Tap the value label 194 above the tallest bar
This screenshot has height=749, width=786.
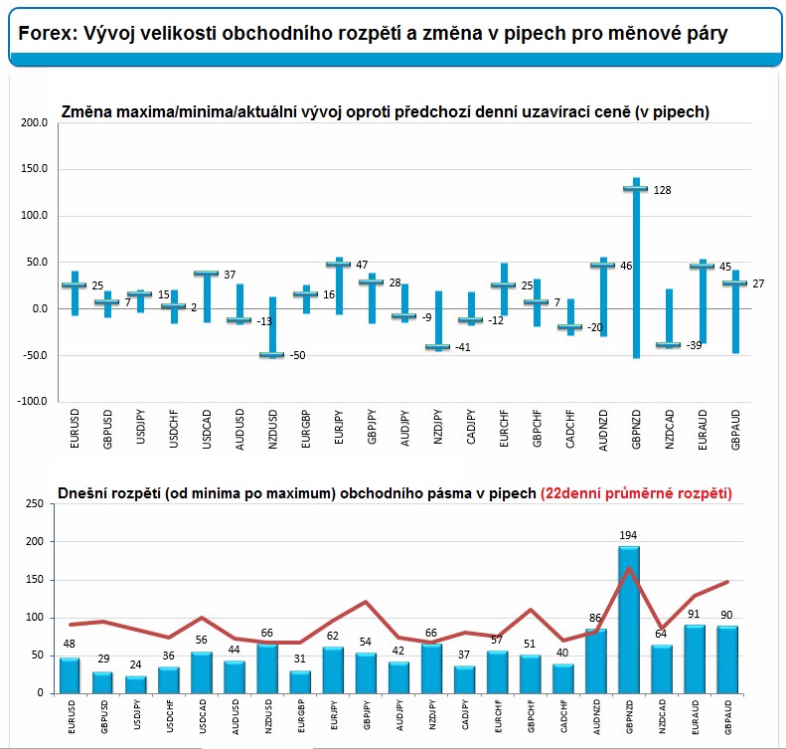point(629,536)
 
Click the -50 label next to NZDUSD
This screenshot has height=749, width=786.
point(298,356)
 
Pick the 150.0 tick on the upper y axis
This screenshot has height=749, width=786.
point(34,169)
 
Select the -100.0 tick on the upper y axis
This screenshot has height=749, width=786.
point(32,401)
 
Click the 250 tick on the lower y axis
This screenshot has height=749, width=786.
point(33,504)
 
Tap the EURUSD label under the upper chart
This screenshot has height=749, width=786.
point(76,428)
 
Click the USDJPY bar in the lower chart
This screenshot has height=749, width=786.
point(136,684)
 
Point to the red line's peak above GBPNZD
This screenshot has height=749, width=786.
point(629,568)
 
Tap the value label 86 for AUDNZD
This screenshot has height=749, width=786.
point(596,618)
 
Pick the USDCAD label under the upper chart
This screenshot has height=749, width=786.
point(206,428)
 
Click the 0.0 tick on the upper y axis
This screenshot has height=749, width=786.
point(38,308)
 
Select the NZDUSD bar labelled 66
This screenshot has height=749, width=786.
point(267,668)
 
